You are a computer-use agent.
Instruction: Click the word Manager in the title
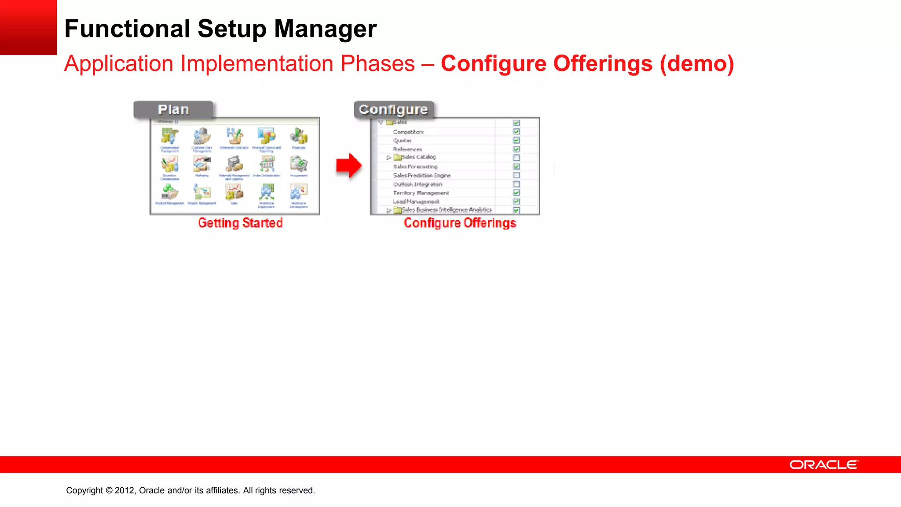click(325, 29)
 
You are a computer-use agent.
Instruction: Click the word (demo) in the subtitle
click(696, 64)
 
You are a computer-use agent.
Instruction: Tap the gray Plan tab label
click(173, 110)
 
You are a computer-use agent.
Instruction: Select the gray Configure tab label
click(393, 110)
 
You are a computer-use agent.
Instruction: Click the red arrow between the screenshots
click(349, 165)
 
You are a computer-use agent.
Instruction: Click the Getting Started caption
click(240, 223)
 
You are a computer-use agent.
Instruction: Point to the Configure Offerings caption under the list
click(460, 223)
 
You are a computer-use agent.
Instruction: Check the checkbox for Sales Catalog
click(516, 158)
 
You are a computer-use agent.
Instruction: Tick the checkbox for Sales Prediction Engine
click(516, 175)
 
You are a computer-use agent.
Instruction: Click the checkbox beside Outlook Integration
click(516, 184)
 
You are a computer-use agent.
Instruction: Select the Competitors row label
click(408, 132)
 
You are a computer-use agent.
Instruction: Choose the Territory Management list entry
click(421, 193)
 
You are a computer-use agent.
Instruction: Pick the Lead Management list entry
click(416, 202)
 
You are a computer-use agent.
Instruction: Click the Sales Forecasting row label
click(415, 166)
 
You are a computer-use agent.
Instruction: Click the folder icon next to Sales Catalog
click(397, 157)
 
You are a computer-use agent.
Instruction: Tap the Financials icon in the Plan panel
click(299, 136)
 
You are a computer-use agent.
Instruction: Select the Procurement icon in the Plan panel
click(299, 165)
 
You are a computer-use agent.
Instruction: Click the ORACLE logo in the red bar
click(824, 465)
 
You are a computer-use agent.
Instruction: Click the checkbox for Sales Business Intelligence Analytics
click(516, 210)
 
